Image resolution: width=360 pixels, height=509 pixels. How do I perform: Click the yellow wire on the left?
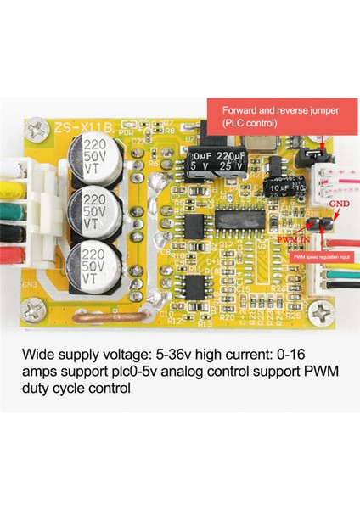tap(13, 181)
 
